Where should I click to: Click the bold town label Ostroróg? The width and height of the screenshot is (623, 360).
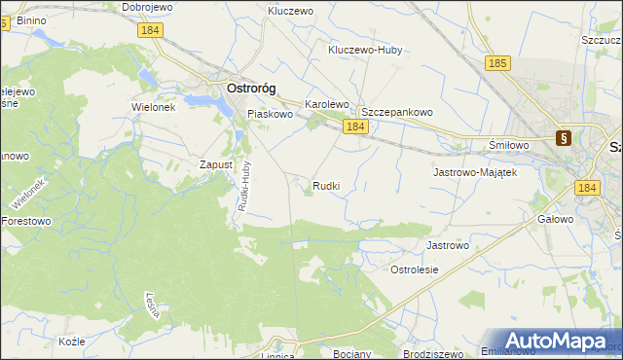pos(250,88)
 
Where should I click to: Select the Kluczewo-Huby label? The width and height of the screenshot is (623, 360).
pos(365,49)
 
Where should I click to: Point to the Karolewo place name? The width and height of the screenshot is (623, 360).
pos(326,103)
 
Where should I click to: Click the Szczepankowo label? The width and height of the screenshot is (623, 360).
pos(396,112)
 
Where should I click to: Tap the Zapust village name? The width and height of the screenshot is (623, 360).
pos(215,164)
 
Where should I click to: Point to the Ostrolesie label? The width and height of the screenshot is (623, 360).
pos(415,269)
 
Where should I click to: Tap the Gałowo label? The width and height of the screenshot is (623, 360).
pos(555,220)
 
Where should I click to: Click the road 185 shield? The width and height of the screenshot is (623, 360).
pos(497,63)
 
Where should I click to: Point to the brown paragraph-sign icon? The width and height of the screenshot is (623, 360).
pos(563,138)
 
